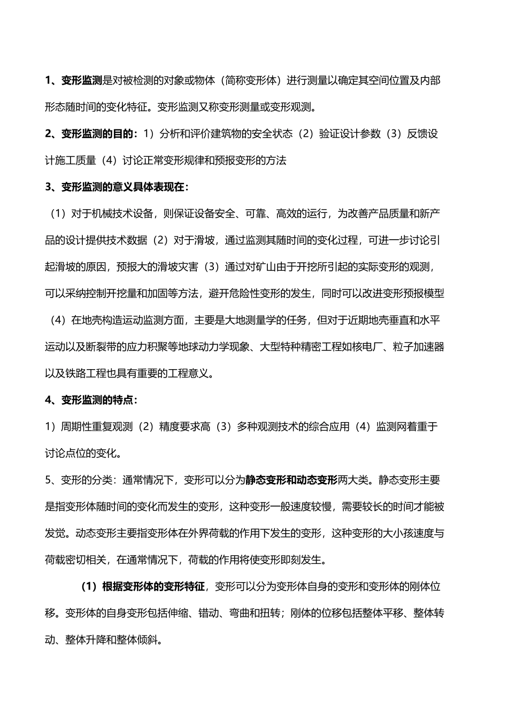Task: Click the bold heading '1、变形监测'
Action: pos(73,81)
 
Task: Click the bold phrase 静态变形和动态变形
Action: pos(291,479)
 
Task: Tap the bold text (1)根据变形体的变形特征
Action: pos(143,586)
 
